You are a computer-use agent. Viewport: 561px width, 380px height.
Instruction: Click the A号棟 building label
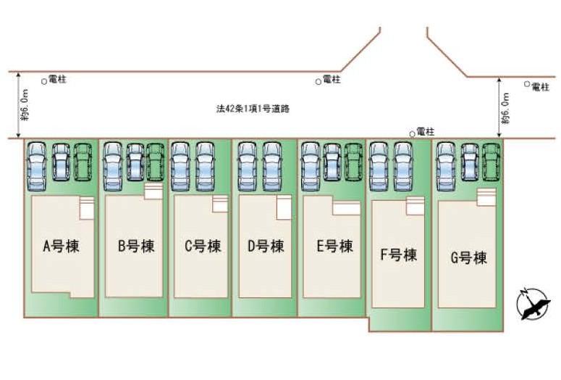click(61, 246)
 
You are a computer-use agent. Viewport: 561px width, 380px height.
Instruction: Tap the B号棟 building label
click(136, 246)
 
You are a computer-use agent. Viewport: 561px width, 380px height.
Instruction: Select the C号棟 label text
click(202, 247)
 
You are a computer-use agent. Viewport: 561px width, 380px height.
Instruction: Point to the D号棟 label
click(266, 247)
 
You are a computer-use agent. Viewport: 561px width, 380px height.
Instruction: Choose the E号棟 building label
click(334, 246)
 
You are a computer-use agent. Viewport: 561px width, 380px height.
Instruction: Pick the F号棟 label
click(398, 255)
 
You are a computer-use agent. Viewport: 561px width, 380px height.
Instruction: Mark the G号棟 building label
click(468, 257)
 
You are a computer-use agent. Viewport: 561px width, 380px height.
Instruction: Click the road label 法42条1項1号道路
click(253, 108)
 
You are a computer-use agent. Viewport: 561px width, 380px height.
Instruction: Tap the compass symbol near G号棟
click(533, 302)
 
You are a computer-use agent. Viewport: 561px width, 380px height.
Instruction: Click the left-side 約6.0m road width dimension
click(25, 106)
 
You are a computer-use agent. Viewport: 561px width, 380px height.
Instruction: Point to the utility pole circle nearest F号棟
click(413, 133)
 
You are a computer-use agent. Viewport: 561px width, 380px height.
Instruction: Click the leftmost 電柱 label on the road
click(57, 80)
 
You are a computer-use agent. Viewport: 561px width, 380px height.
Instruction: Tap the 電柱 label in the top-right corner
click(540, 86)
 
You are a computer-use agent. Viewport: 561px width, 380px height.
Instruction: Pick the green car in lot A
click(84, 160)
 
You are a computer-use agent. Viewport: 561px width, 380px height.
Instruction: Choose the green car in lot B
click(156, 160)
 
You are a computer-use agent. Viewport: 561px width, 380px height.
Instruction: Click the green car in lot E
click(353, 160)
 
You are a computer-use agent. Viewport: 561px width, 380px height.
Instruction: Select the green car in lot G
click(492, 160)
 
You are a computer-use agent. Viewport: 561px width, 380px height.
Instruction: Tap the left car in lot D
click(247, 165)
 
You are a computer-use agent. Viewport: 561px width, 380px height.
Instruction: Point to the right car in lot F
click(403, 165)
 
